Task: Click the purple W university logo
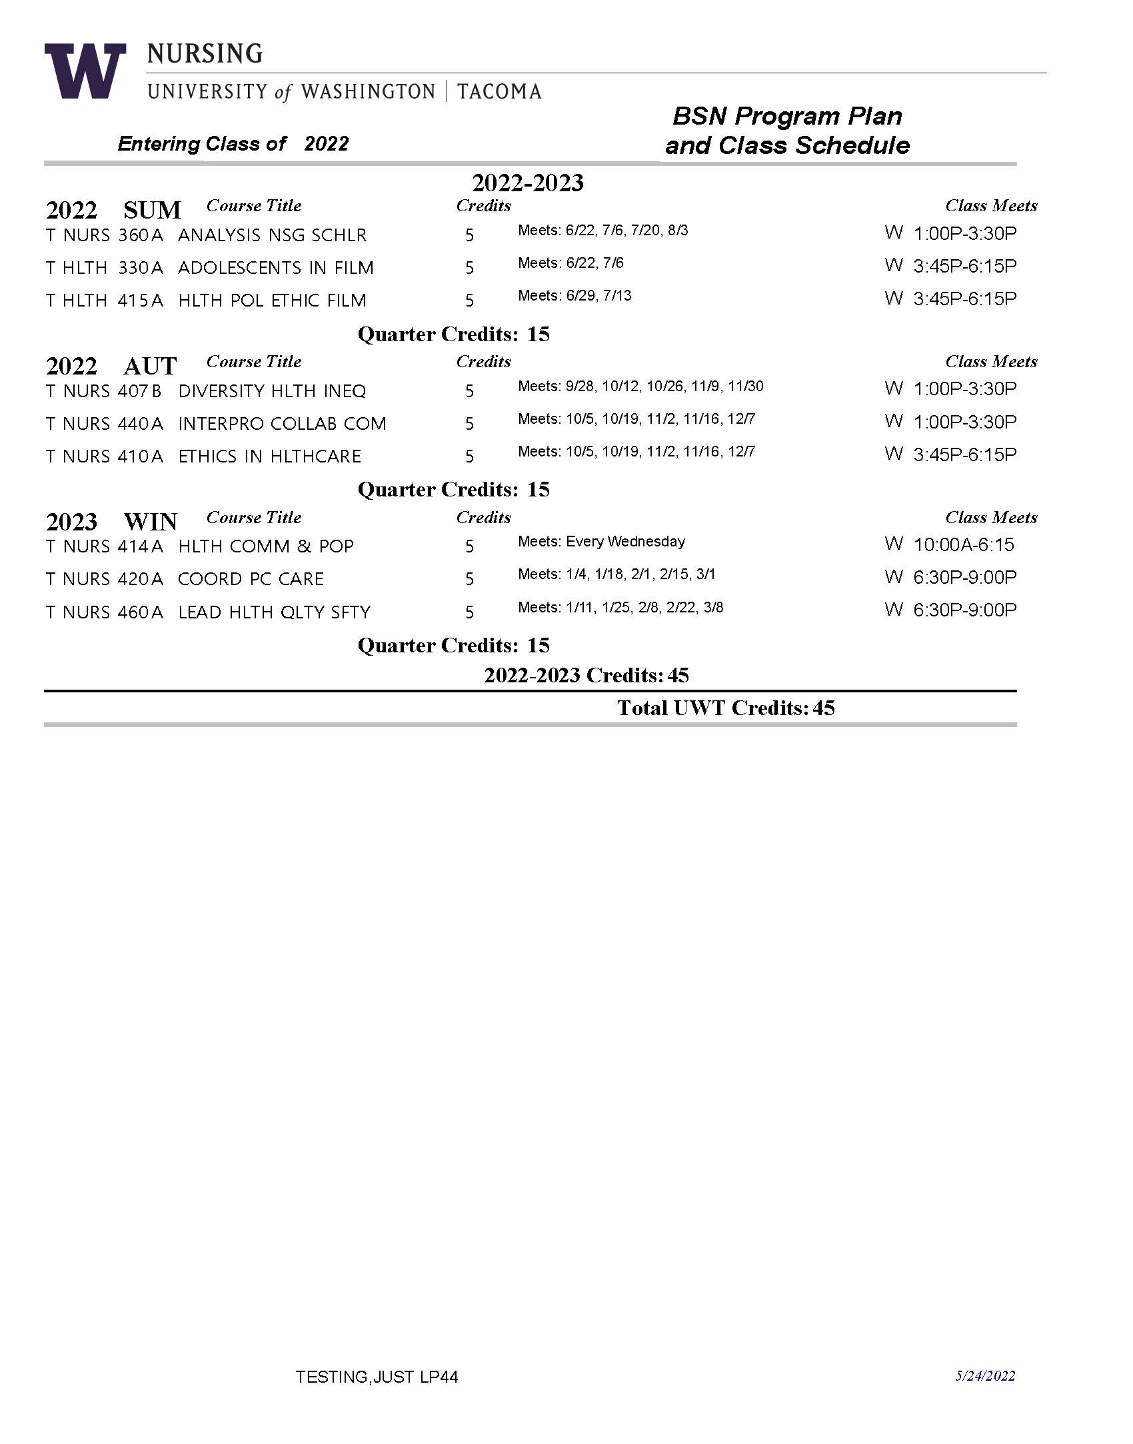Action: tap(85, 71)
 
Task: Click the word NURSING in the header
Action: tap(205, 53)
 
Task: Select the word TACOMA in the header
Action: tap(499, 91)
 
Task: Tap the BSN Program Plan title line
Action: tap(787, 116)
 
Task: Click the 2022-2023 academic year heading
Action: tap(527, 183)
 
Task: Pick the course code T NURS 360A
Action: tap(105, 235)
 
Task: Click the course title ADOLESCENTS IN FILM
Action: tap(276, 268)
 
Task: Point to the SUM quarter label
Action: tap(152, 210)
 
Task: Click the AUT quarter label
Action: tap(150, 366)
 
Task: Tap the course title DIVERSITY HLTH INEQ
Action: tap(272, 391)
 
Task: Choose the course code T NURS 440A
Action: tap(105, 424)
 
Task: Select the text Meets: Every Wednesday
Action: tap(601, 541)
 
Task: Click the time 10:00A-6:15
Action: tap(963, 545)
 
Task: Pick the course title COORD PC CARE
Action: tap(251, 579)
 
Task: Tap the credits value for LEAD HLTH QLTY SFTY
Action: tap(469, 612)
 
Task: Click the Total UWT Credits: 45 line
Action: tap(725, 708)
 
